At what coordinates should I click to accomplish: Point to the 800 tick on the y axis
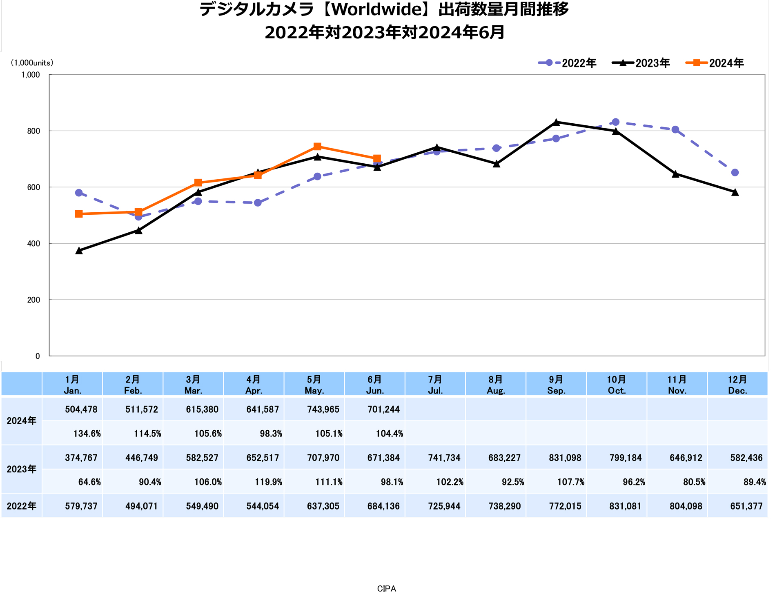tap(33, 131)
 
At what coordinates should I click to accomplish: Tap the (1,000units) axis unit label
tap(32, 63)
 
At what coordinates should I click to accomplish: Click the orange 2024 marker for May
tap(318, 147)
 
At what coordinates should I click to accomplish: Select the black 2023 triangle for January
tap(79, 251)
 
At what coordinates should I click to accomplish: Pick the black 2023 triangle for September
tap(556, 122)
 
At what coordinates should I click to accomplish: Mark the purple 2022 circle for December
tap(735, 173)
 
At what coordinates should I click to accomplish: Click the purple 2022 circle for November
tap(675, 130)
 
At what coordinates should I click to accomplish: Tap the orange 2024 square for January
tap(79, 214)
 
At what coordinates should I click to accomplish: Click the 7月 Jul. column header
tap(435, 385)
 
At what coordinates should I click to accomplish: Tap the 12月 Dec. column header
tap(737, 385)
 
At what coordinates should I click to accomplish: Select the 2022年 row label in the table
tap(22, 506)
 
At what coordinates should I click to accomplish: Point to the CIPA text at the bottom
tap(386, 588)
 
